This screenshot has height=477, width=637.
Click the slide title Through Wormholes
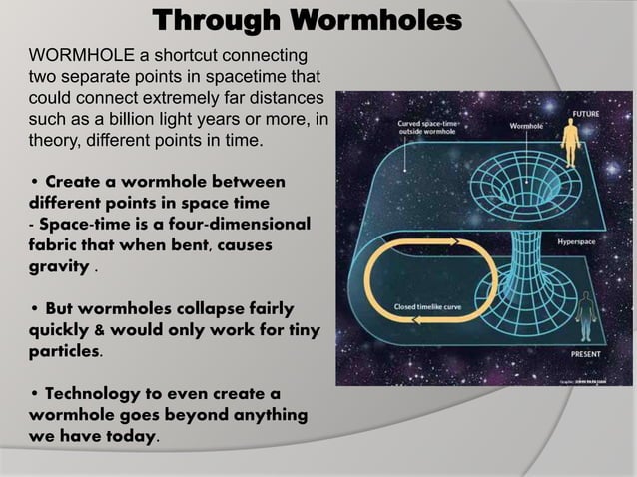click(308, 19)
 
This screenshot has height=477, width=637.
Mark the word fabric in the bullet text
click(57, 245)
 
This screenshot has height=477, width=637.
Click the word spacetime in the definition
click(231, 76)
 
